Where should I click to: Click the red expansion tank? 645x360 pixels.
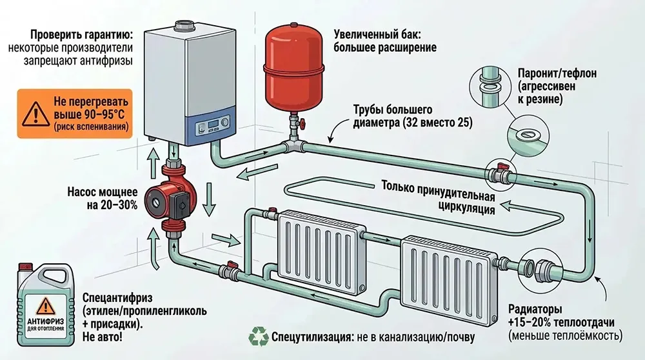click(x=294, y=61)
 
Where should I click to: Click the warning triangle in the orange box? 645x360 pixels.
click(x=31, y=115)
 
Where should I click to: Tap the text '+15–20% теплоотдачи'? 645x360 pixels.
click(x=561, y=322)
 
